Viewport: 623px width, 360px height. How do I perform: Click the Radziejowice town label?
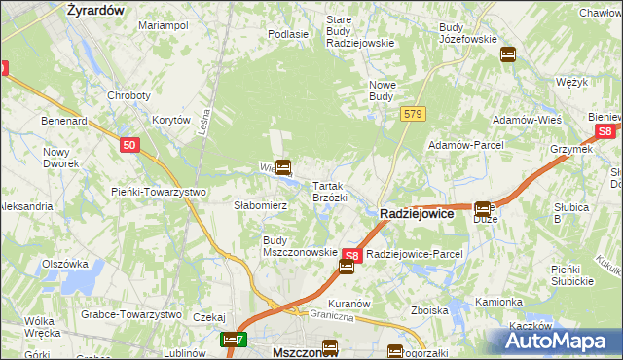[x=416, y=213]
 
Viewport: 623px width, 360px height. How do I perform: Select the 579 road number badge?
[x=412, y=115]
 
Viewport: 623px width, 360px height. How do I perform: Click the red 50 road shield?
[x=130, y=145]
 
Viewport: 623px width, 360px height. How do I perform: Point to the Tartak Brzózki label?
[x=329, y=191]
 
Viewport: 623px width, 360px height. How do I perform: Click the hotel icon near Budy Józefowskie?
[x=507, y=54]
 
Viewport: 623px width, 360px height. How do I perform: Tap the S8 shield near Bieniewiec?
[x=605, y=130]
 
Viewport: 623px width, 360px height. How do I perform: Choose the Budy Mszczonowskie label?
[x=300, y=245]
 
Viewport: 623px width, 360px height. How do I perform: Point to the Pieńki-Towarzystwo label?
[x=159, y=192]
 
